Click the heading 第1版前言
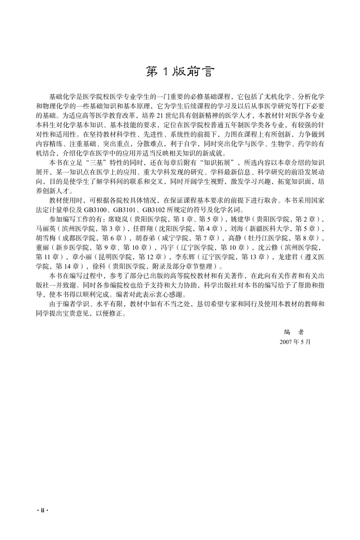pyautogui.click(x=180, y=72)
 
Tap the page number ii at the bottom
pyautogui.click(x=41, y=511)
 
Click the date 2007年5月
pyautogui.click(x=295, y=342)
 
